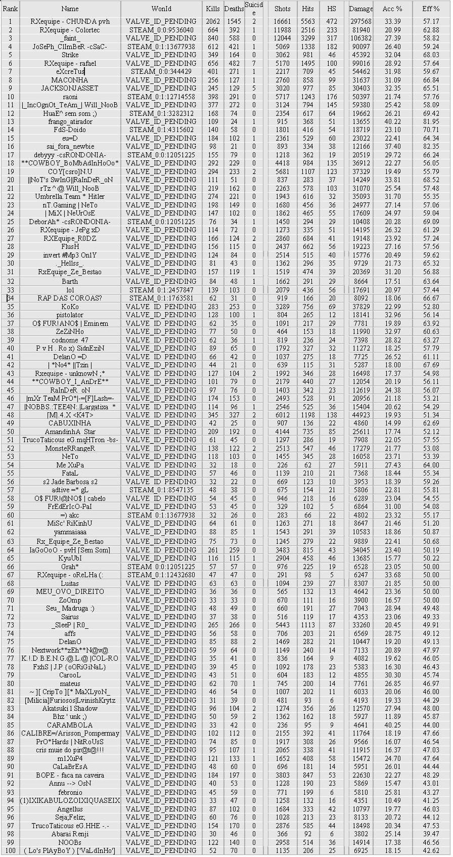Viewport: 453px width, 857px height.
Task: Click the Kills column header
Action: [213, 9]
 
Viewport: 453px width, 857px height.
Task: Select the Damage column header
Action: [360, 9]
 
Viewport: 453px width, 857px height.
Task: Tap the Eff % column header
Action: [431, 9]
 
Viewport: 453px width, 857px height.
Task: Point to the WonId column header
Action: [161, 9]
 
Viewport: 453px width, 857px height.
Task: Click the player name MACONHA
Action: [70, 80]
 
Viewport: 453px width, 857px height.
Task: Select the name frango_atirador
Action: [70, 121]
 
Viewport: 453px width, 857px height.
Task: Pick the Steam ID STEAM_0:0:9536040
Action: [161, 30]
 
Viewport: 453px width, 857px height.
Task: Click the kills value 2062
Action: [213, 22]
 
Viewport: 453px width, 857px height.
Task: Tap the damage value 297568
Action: [360, 22]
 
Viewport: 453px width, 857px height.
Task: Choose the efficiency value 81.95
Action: [431, 121]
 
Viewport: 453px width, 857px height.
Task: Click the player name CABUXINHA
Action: [70, 423]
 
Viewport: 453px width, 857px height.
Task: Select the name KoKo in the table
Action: [70, 307]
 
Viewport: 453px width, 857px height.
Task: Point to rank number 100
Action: [10, 850]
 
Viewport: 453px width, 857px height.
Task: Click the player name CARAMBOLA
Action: [70, 725]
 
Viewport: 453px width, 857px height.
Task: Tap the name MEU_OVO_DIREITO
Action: [70, 591]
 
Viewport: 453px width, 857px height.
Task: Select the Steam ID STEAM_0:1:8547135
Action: [161, 490]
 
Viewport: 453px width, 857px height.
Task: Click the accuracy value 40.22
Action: [392, 121]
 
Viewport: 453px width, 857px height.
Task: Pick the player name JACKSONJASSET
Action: [70, 88]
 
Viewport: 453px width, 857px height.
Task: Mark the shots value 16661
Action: [282, 22]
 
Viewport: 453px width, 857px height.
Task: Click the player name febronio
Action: [70, 792]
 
